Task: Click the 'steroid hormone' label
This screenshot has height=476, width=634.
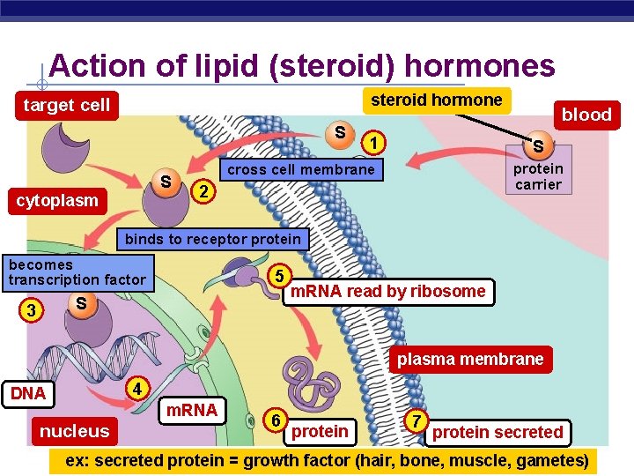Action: [437, 100]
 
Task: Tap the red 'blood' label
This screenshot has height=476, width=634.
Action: [586, 115]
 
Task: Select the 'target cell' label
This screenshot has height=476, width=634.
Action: [67, 105]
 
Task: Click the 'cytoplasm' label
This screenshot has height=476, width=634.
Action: [58, 200]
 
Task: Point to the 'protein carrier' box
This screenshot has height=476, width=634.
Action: [537, 176]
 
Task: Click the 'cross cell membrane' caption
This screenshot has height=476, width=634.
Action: [301, 169]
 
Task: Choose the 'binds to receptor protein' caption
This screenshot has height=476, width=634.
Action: [212, 239]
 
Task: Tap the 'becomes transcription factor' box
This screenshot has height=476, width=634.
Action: [77, 271]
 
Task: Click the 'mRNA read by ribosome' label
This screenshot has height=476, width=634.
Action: [388, 292]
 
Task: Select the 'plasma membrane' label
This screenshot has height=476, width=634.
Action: [470, 359]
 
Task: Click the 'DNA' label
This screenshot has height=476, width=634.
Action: [28, 393]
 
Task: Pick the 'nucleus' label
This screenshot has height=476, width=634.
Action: [74, 431]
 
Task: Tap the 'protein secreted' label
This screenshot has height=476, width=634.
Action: [498, 432]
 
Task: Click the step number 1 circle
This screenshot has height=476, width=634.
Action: [375, 142]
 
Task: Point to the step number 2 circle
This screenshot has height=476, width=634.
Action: [203, 191]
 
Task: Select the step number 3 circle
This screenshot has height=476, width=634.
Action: [32, 310]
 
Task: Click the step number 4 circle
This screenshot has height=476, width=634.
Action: [136, 388]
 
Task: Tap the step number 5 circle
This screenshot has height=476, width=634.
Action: [277, 275]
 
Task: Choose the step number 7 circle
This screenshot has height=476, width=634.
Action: [415, 420]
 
